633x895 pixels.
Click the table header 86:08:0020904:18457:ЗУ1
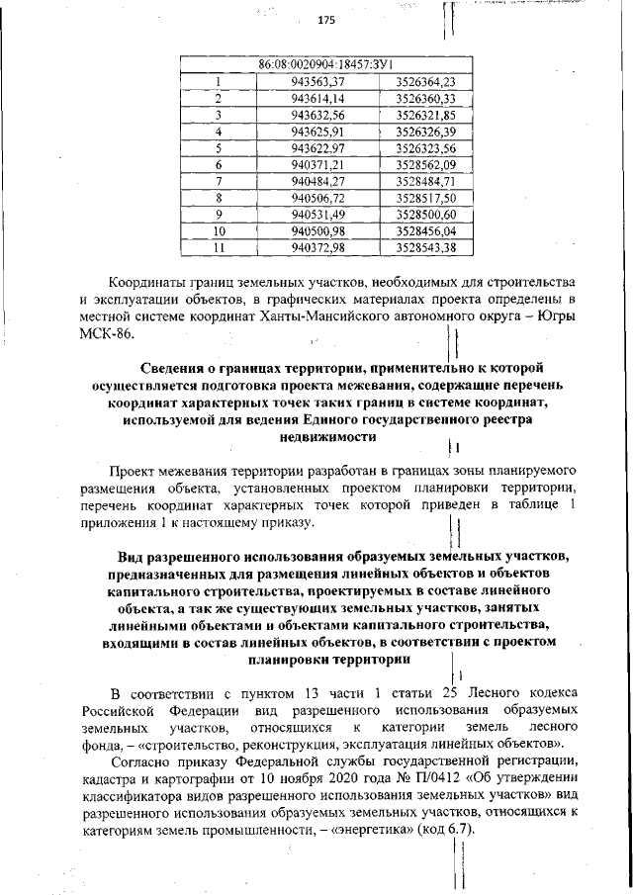(x=319, y=64)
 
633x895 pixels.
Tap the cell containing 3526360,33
(x=424, y=98)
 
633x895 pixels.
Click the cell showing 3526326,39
(x=424, y=132)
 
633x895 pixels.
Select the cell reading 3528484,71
(x=424, y=182)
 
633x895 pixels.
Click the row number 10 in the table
(x=220, y=231)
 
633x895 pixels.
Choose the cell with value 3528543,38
(x=424, y=247)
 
